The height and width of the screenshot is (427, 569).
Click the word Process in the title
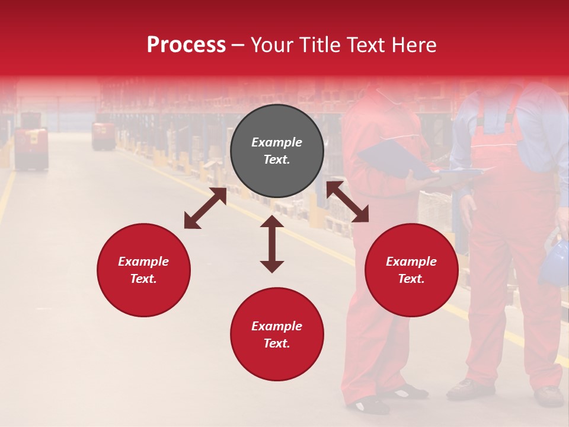click(186, 45)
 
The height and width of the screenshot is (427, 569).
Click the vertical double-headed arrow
click(272, 244)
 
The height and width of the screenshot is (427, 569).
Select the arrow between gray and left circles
click(205, 208)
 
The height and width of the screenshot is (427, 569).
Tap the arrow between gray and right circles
click(347, 202)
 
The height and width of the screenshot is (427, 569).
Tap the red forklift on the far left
click(31, 148)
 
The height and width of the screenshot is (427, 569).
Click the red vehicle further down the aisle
click(103, 136)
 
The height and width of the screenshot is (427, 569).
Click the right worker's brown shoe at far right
click(548, 396)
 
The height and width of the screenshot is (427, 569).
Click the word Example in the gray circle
click(277, 142)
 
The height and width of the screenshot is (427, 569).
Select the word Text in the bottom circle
click(277, 344)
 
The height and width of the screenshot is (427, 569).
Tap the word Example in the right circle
click(411, 262)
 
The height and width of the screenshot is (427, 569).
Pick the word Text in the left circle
click(143, 279)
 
